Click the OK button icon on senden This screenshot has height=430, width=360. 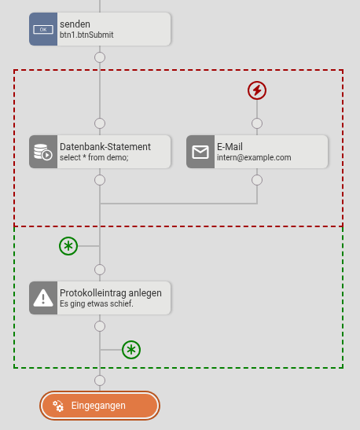pyautogui.click(x=43, y=29)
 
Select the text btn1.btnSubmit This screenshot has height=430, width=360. pyautogui.click(x=86, y=35)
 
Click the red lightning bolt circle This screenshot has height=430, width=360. pyautogui.click(x=257, y=90)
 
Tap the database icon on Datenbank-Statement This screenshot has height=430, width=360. pyautogui.click(x=43, y=152)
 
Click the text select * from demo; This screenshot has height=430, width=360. pyautogui.click(x=94, y=157)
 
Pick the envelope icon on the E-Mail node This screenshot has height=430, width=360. pyautogui.click(x=200, y=152)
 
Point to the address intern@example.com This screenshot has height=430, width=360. pyautogui.click(x=254, y=157)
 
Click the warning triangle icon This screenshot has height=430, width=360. pyautogui.click(x=43, y=298)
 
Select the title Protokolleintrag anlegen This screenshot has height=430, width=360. pyautogui.click(x=111, y=293)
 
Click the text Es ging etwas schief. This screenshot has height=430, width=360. pyautogui.click(x=97, y=303)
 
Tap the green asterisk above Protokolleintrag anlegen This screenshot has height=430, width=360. pyautogui.click(x=68, y=246)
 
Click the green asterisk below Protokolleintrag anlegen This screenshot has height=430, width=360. pyautogui.click(x=131, y=350)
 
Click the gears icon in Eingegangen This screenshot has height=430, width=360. pyautogui.click(x=58, y=406)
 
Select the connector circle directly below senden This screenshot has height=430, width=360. pyautogui.click(x=100, y=57)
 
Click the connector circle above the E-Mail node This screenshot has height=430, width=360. pyautogui.click(x=257, y=123)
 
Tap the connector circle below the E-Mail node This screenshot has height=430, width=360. pyautogui.click(x=257, y=180)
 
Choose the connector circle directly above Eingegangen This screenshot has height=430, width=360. pyautogui.click(x=100, y=380)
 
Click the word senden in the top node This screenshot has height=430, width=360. pyautogui.click(x=75, y=24)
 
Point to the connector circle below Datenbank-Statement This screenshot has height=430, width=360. pyautogui.click(x=100, y=180)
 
